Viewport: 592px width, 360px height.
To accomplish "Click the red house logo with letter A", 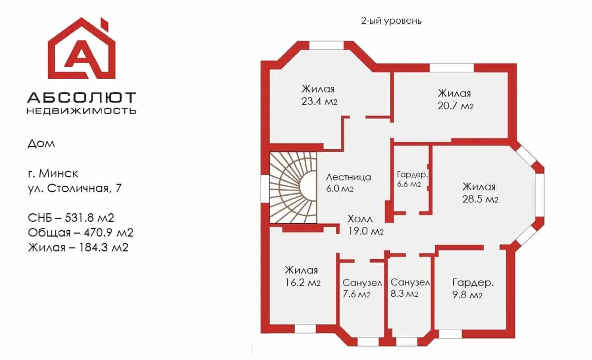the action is point(81,48).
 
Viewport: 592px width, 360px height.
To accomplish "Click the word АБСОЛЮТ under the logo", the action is point(81,98).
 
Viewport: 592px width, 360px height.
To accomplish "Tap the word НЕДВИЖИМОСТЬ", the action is point(81,111).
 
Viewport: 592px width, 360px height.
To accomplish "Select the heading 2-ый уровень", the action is point(391,21).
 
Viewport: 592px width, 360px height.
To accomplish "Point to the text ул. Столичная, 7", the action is point(75,188).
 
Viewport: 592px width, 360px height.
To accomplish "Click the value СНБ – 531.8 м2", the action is point(71,218).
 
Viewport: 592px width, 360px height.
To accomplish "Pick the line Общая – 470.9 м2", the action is point(80,233).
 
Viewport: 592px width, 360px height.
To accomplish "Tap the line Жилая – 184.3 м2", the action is point(78,247).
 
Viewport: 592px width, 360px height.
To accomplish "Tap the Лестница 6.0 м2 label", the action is point(349,182).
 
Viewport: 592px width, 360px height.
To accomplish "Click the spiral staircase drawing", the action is point(293,188).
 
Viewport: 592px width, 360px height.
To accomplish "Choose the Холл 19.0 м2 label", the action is point(365,225).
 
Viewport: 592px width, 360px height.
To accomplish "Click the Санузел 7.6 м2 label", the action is point(362,288).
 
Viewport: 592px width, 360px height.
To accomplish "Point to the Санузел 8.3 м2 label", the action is point(410,288).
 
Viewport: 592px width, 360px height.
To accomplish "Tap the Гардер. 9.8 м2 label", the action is point(473,288).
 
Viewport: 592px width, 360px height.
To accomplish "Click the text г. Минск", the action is point(53,173).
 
